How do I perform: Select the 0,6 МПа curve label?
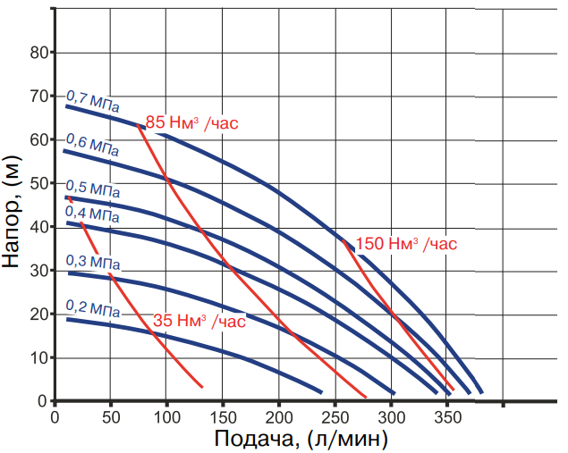tap(91, 145)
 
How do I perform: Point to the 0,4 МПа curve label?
tap(91, 215)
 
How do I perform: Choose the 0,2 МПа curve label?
tap(92, 310)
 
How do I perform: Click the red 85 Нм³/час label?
tap(191, 122)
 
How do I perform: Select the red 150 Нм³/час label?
tap(406, 243)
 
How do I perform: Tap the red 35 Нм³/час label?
tap(199, 320)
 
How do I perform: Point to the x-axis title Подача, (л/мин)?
tap(301, 439)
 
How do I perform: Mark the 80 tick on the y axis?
tap(39, 52)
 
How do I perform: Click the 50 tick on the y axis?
tap(39, 183)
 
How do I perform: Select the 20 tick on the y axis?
tap(39, 315)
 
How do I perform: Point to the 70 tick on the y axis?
tap(39, 96)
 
